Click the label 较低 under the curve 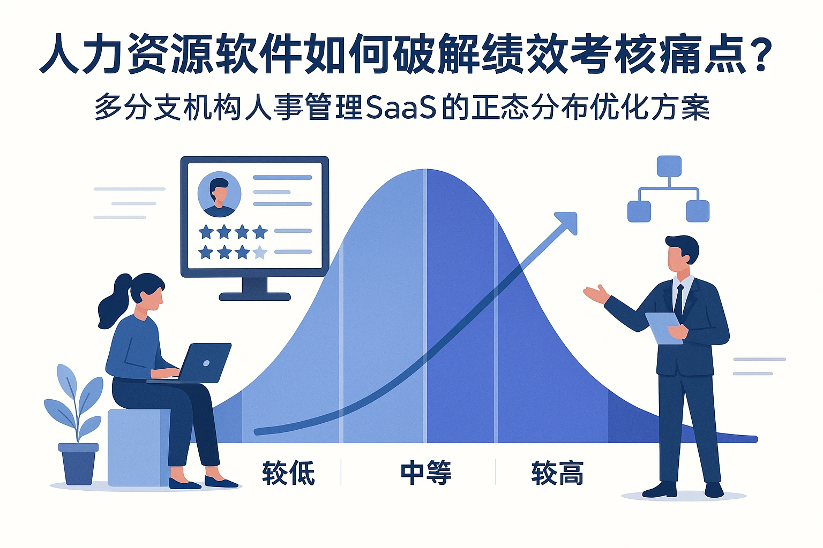288,473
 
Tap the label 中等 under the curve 426,473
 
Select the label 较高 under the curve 557,473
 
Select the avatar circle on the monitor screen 219,194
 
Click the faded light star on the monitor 260,252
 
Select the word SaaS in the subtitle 400,108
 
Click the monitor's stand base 255,296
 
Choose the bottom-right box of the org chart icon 698,211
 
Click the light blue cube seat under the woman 137,447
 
